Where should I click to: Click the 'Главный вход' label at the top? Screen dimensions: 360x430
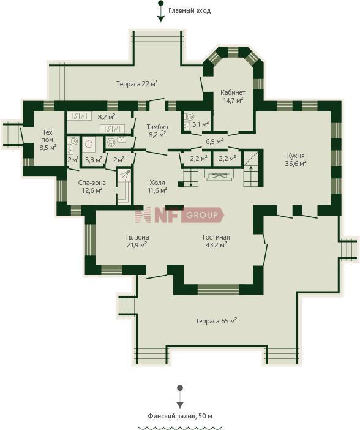pos(189,11)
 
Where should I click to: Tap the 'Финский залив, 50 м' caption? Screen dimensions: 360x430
pos(180,416)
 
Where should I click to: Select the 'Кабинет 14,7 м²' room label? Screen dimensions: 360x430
pos(233,97)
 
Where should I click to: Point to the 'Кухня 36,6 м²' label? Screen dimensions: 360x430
pos(296,160)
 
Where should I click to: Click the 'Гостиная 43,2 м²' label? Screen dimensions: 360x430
pos(216,241)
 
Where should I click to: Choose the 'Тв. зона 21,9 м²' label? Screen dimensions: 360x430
pos(137,241)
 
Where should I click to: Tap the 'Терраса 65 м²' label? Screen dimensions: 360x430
pos(216,320)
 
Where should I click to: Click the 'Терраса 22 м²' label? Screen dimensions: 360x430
pos(137,84)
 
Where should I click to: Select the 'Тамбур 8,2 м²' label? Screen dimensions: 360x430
pos(157,131)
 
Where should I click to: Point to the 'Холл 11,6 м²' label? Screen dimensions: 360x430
pos(157,186)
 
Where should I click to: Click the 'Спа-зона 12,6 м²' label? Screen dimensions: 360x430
pos(92,186)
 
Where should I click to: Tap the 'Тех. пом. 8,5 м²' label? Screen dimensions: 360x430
pos(48,140)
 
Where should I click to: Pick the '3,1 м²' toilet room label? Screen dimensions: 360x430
pos(200,124)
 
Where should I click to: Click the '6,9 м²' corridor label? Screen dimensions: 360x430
pos(214,141)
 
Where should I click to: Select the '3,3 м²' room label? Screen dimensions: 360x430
pos(94,160)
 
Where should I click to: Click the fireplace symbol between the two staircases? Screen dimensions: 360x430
pos(219,175)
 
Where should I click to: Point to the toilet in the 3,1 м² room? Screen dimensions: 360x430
pos(189,116)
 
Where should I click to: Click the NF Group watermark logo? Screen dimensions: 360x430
pos(179,215)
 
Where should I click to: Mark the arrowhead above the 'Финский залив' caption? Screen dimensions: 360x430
pos(180,405)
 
